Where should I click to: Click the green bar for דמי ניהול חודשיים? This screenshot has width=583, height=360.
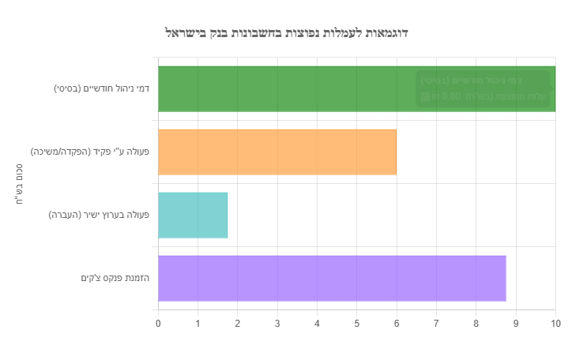(x=284, y=88)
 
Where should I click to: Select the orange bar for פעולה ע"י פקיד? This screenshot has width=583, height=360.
(x=277, y=152)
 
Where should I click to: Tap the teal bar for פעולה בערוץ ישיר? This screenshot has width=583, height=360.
(x=193, y=215)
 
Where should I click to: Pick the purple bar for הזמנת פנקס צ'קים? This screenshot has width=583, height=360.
(x=332, y=278)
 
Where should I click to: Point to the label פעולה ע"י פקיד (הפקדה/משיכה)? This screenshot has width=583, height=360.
(x=90, y=152)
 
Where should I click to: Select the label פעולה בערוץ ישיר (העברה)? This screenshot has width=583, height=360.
(x=99, y=215)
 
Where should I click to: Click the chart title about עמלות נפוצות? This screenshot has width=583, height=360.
(x=286, y=32)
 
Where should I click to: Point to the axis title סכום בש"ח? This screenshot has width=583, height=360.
(x=17, y=184)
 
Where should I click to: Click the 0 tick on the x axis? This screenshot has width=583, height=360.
(x=158, y=323)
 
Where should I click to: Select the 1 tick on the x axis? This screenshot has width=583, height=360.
(x=198, y=323)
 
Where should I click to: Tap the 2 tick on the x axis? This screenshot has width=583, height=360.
(x=238, y=323)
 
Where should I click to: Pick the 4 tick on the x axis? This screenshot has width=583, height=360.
(x=318, y=323)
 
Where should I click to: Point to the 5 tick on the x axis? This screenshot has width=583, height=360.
(x=357, y=323)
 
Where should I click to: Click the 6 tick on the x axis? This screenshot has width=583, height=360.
(x=397, y=323)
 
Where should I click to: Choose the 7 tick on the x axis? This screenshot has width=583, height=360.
(x=437, y=323)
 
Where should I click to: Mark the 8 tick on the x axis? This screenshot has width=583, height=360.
(x=476, y=323)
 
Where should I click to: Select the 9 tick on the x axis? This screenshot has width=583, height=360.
(x=516, y=323)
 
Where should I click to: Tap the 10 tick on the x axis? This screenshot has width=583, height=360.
(x=555, y=323)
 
